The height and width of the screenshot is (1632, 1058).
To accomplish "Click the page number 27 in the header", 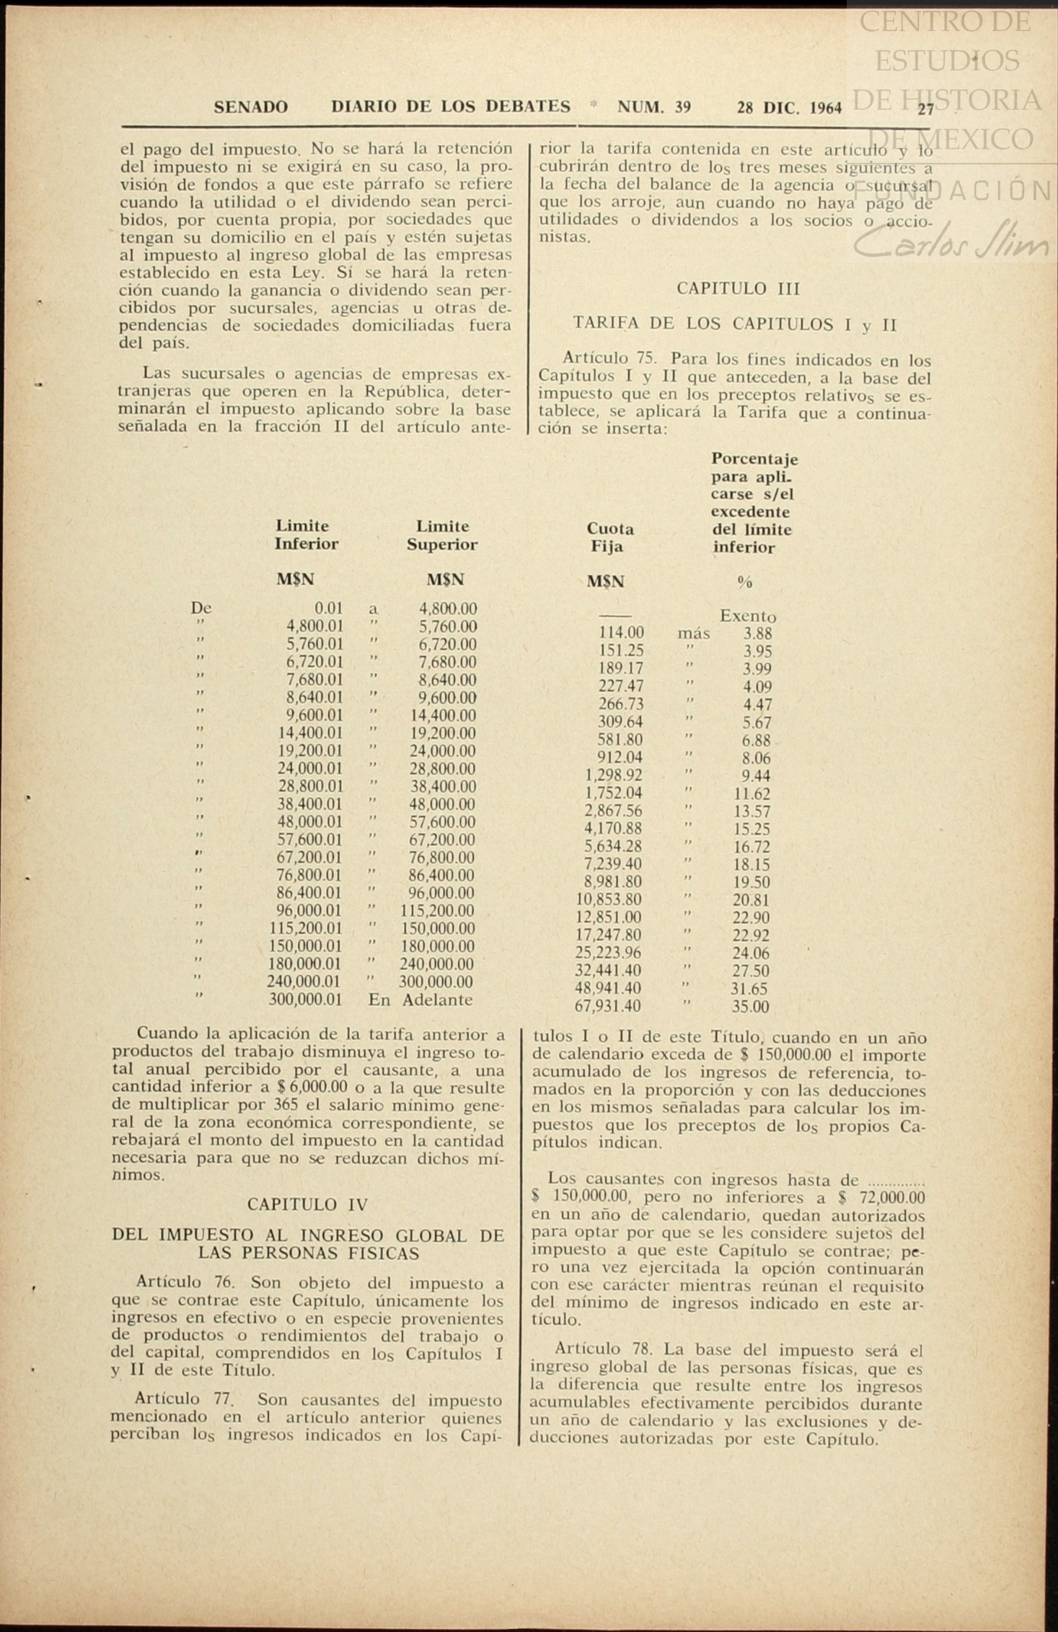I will tap(925, 109).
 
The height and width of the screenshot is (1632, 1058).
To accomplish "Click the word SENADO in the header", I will tap(251, 107).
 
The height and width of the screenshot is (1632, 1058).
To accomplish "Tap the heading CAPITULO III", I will tap(738, 288).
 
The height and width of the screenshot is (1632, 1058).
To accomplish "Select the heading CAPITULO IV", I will tap(307, 1204).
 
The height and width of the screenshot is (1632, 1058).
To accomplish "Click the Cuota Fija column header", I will tap(609, 537).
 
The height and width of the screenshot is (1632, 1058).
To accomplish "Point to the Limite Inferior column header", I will tap(306, 535).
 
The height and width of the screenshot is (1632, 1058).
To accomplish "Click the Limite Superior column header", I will tap(442, 535).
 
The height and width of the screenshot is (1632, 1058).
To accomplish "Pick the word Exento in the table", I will tap(747, 617).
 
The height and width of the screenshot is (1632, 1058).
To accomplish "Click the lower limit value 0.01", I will tap(328, 609).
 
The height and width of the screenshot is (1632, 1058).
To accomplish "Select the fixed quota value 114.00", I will tap(621, 633).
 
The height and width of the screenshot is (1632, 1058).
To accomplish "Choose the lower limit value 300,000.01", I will tap(305, 1000).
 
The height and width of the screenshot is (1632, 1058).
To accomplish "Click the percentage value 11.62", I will tap(751, 794).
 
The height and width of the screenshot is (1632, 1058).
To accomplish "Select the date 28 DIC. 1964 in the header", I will tap(789, 108).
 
